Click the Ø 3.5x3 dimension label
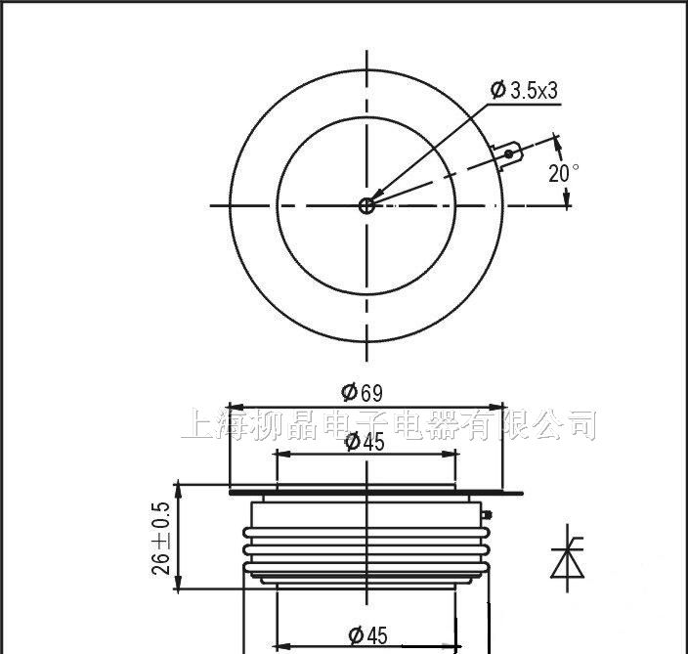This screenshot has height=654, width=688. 525,90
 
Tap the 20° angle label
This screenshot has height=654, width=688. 563,173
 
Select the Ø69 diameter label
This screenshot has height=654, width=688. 362,392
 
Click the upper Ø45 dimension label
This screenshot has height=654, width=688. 365,442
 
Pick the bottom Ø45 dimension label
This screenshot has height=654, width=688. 367,635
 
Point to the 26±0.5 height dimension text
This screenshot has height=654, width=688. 160,539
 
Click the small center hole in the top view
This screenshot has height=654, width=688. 366,205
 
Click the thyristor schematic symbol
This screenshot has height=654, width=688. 568,558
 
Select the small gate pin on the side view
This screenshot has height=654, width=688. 486,514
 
